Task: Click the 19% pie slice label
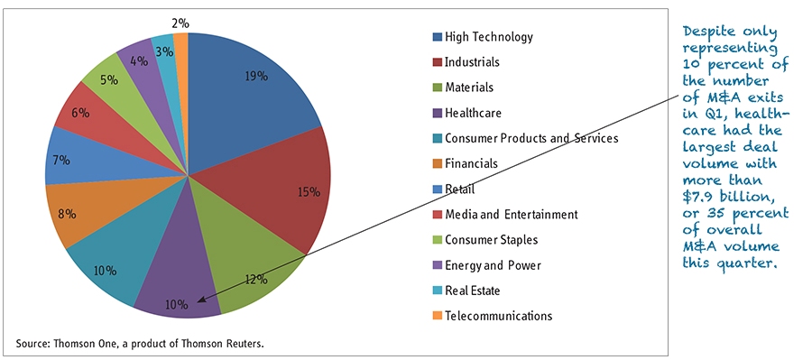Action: pos(257,77)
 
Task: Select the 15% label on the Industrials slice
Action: pos(309,191)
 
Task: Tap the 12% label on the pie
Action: pos(255,279)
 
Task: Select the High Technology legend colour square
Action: pos(438,37)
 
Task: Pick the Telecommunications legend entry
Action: pos(499,316)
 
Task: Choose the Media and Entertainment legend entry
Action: pos(511,214)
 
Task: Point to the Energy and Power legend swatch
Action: pos(438,265)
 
